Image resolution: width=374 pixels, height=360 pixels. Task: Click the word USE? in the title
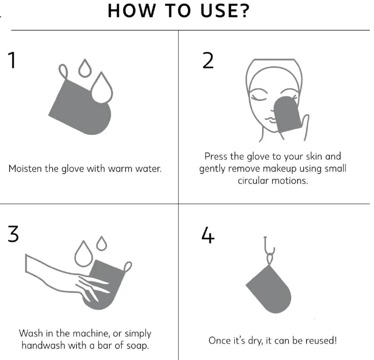225,11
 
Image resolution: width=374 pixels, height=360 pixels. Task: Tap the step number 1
12,61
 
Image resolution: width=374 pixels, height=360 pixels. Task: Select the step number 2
208,61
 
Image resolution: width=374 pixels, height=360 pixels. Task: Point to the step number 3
13,234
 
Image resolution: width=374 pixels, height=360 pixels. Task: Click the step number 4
208,235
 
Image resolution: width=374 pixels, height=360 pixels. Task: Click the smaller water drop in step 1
85,68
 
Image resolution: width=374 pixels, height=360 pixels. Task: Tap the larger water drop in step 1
102,88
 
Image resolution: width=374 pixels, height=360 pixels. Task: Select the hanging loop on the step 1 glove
63,71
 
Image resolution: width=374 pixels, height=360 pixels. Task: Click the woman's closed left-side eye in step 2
259,97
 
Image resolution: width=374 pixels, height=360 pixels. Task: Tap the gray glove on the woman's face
286,114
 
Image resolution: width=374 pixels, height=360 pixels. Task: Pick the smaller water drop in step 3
101,243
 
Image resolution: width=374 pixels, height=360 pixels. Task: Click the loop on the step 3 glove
128,266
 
